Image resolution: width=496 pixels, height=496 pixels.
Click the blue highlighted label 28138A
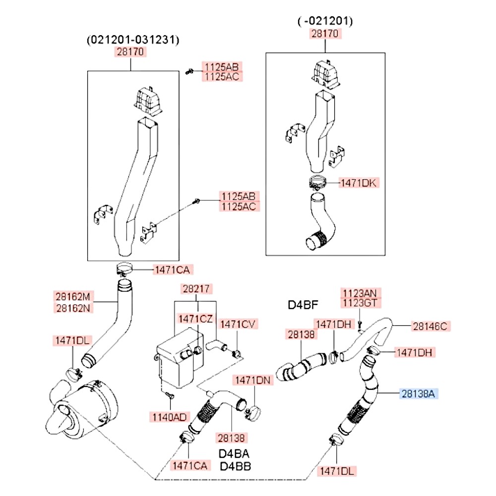(419, 394)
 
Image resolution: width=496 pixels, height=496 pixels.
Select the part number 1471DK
(358, 183)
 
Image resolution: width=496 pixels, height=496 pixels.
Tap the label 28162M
(72, 297)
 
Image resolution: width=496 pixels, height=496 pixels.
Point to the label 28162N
(72, 308)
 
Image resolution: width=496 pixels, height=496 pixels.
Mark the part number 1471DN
(253, 380)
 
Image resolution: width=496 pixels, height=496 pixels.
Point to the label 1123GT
(361, 302)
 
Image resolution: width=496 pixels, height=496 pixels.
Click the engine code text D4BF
(303, 305)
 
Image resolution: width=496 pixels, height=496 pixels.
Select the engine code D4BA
(234, 454)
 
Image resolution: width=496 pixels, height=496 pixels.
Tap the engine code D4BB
(234, 466)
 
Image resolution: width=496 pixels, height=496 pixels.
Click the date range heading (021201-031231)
(132, 40)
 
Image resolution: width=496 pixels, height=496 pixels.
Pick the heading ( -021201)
(325, 21)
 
